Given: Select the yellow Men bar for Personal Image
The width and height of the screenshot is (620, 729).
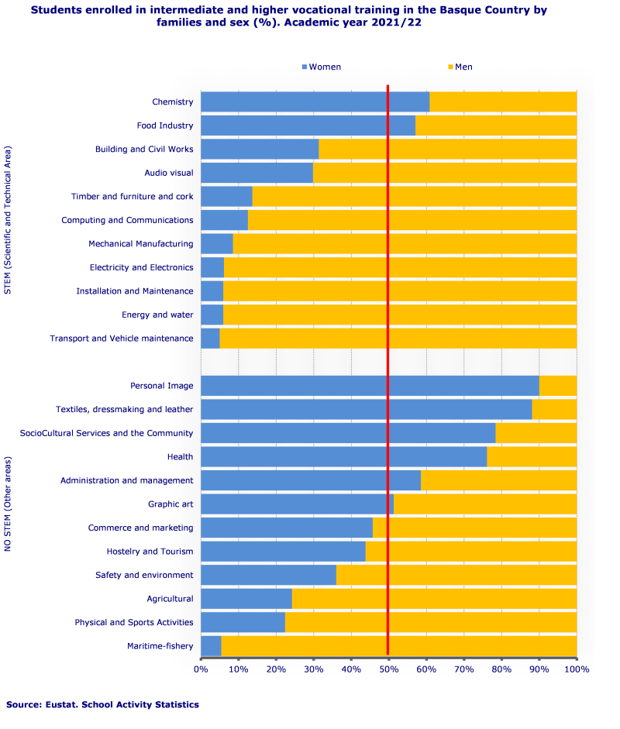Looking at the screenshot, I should (x=558, y=386).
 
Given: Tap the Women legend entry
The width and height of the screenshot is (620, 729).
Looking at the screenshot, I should (x=321, y=67).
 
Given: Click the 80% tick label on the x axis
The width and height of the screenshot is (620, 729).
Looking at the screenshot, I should (x=501, y=668).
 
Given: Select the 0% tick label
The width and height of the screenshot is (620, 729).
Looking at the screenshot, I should (x=201, y=668).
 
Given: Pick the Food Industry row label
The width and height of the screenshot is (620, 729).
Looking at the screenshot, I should (x=165, y=126).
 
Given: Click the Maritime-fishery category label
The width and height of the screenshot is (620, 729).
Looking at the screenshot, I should (x=160, y=646).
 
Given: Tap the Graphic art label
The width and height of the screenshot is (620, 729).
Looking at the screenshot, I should (x=170, y=504).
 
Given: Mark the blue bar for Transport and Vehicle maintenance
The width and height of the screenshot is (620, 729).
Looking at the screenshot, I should (x=210, y=339).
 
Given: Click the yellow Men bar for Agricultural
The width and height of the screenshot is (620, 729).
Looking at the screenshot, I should (x=434, y=599).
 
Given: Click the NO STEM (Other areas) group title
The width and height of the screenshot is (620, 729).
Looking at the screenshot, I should (x=8, y=504).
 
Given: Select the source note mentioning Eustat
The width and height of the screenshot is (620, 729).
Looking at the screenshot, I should (x=102, y=704).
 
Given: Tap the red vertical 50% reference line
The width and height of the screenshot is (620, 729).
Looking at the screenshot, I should (x=387, y=364).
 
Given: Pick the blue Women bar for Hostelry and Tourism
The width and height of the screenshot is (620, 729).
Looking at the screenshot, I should (x=283, y=552).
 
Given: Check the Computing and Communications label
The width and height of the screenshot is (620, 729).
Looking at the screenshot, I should (x=127, y=220).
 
